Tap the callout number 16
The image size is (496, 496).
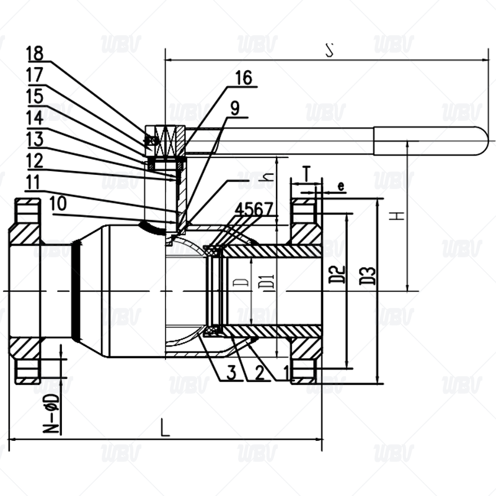click(244, 77)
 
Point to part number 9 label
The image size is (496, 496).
click(234, 108)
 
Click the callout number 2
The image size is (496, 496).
click(259, 373)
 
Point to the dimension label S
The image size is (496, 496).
click(329, 51)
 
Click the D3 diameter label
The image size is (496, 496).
click(368, 275)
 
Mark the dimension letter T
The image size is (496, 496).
click(306, 171)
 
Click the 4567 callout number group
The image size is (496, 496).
click(254, 209)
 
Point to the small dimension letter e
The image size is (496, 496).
click(340, 185)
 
